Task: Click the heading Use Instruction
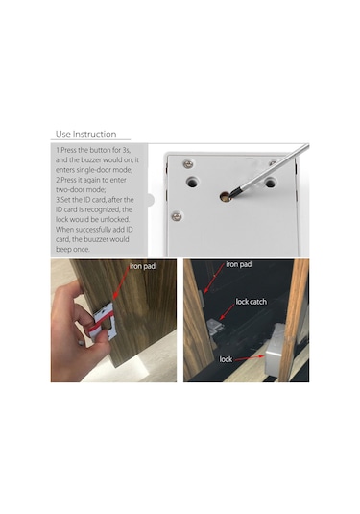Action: [85, 135]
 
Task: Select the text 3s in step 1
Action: [127, 150]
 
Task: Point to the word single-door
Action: [94, 170]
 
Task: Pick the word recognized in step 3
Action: [103, 209]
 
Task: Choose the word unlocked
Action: [116, 220]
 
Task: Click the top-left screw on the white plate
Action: [188, 164]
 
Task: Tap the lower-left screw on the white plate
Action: [177, 216]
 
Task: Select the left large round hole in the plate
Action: [192, 182]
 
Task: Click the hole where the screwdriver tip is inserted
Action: [225, 196]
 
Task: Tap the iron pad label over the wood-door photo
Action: [142, 266]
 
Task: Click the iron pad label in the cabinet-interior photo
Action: [239, 264]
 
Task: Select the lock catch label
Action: [252, 302]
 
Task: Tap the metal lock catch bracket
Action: [215, 327]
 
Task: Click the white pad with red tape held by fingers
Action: [102, 322]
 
